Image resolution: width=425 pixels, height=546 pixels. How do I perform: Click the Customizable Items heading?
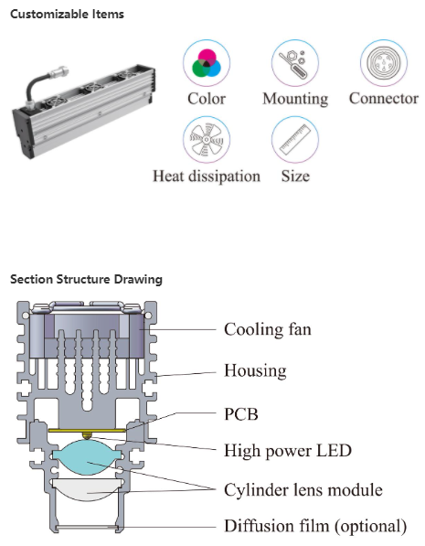point(67,15)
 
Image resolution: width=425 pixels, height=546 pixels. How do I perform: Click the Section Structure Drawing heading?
point(86,279)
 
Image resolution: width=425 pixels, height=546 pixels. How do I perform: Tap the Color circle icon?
point(206,63)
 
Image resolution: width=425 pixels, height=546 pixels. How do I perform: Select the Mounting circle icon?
point(294,63)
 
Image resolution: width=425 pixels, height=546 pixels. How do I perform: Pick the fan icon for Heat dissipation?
point(206,141)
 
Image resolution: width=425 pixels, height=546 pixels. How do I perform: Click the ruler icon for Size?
point(294,141)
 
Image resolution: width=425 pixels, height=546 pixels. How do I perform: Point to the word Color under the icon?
point(206,99)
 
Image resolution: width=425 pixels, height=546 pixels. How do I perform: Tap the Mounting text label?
point(294,99)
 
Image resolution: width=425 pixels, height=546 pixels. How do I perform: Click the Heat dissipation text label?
point(206,176)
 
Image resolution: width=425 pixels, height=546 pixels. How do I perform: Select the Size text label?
point(294,176)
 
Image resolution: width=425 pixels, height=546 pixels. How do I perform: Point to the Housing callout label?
point(255,371)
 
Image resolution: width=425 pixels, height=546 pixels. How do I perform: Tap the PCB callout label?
point(241,414)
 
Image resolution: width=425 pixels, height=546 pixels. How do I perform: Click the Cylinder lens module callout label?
point(303,489)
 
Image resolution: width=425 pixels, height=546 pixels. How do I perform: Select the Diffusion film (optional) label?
point(314,526)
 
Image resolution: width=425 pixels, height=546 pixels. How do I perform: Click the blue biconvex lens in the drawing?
point(89,456)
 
